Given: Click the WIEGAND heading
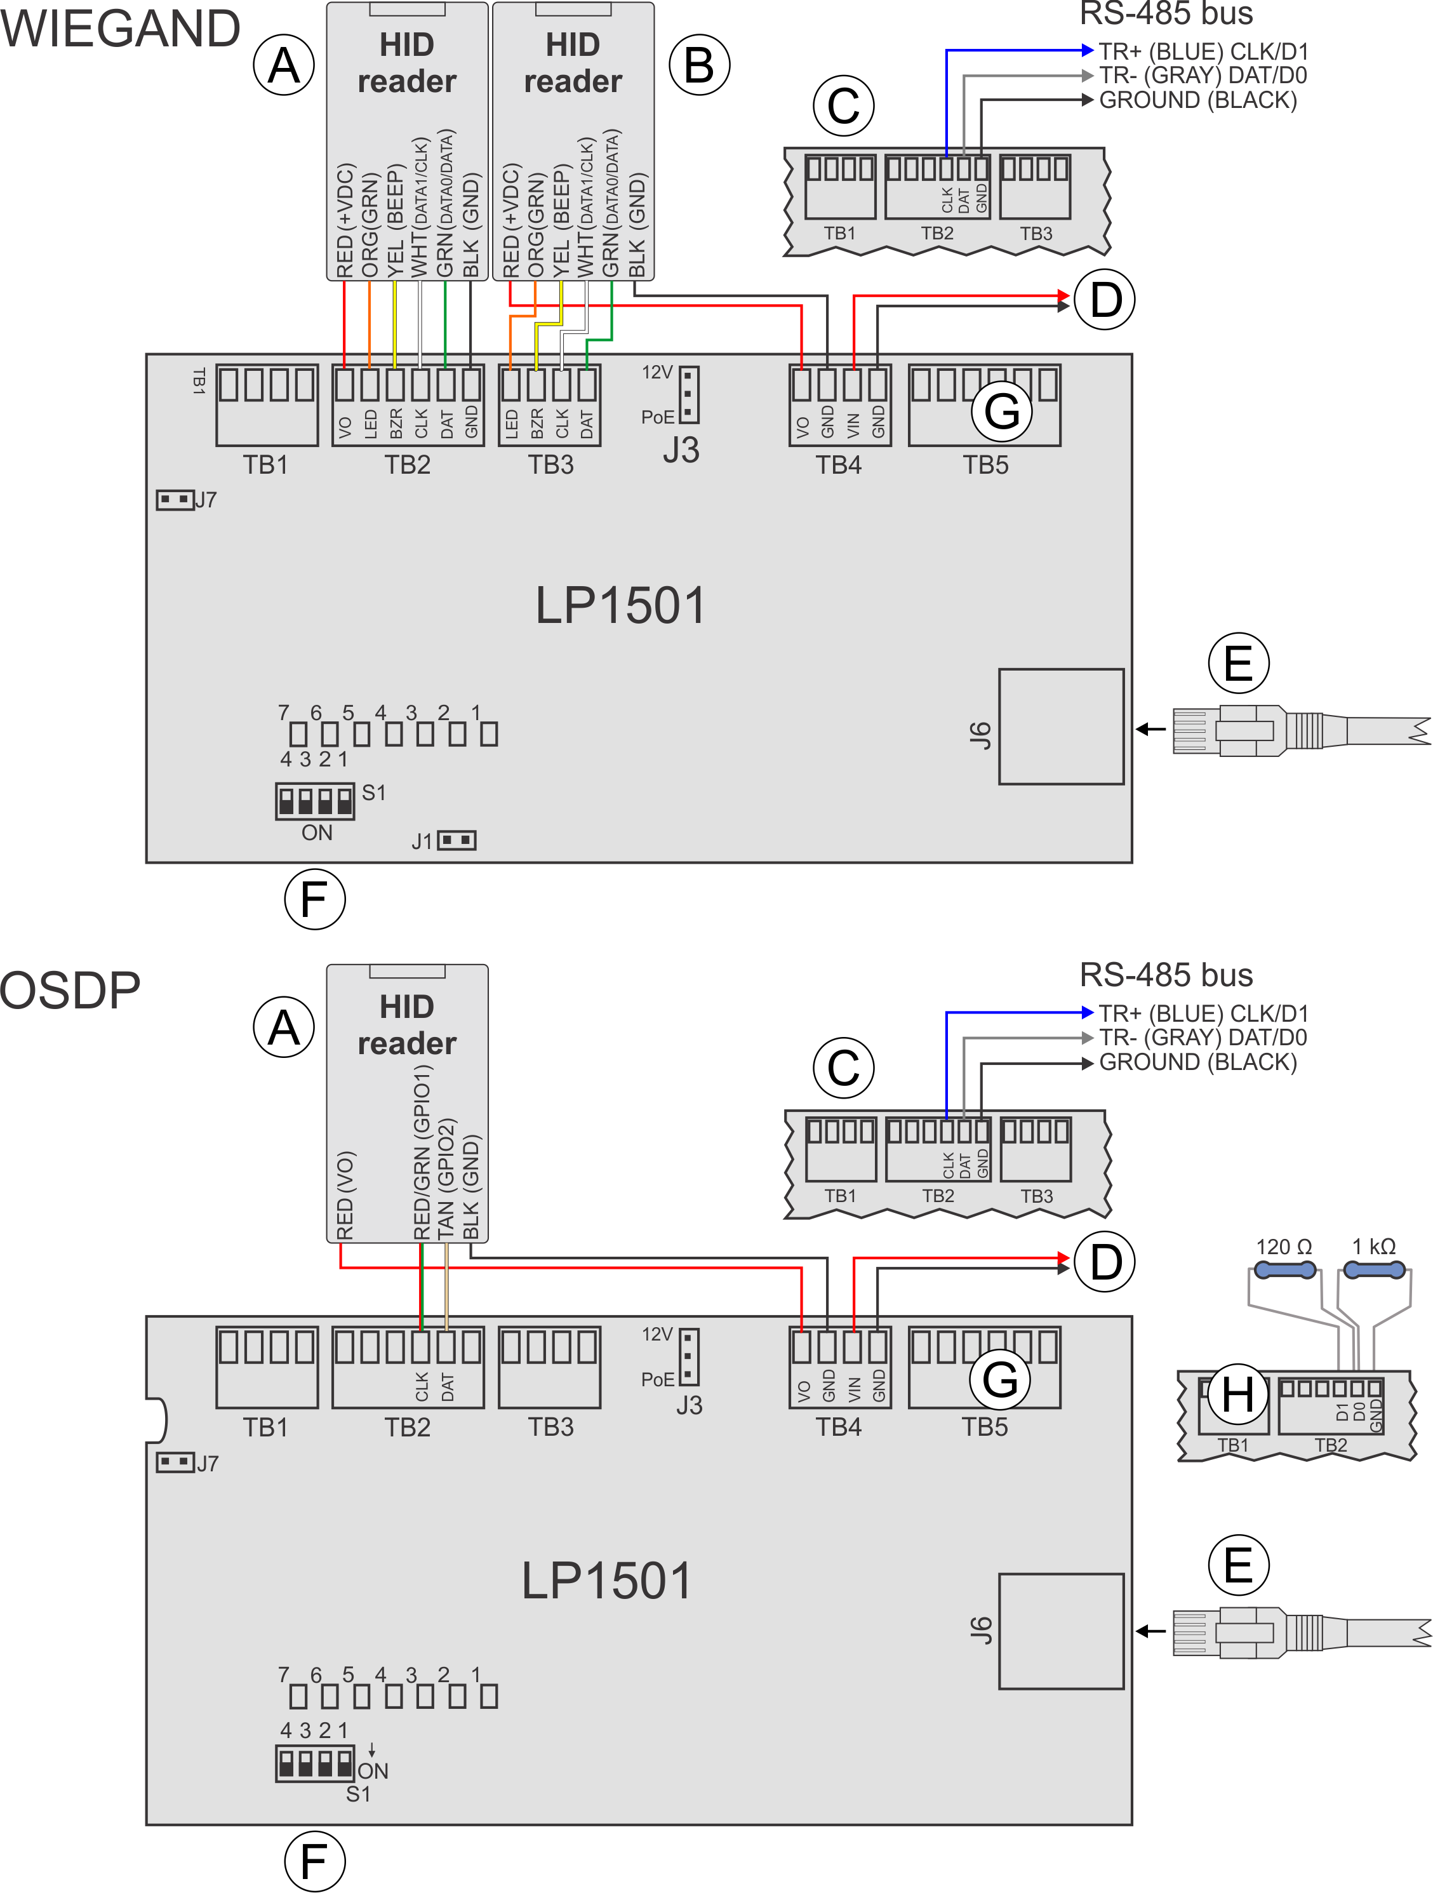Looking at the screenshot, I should click(120, 28).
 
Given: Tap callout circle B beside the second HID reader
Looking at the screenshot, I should click(699, 65).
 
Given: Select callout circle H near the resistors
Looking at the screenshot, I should click(1237, 1395).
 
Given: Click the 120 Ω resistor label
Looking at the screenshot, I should click(1283, 1247).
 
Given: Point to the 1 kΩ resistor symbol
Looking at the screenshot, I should click(1374, 1271).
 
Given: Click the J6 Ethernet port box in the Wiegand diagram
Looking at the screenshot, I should click(1061, 726).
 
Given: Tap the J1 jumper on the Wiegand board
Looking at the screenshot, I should click(456, 840).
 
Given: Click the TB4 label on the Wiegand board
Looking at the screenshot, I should click(839, 465).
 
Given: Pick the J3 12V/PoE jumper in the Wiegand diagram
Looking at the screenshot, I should click(689, 394).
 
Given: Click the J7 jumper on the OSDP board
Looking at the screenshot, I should click(175, 1462).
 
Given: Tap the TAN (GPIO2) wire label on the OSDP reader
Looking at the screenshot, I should click(446, 1177).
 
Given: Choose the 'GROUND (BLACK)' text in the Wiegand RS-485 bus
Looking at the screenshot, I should click(1197, 100).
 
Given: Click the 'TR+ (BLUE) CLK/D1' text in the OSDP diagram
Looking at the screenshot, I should click(1203, 1013).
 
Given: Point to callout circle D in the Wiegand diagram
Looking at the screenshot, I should click(1105, 300).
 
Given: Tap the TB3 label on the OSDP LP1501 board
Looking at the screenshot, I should click(550, 1427).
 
